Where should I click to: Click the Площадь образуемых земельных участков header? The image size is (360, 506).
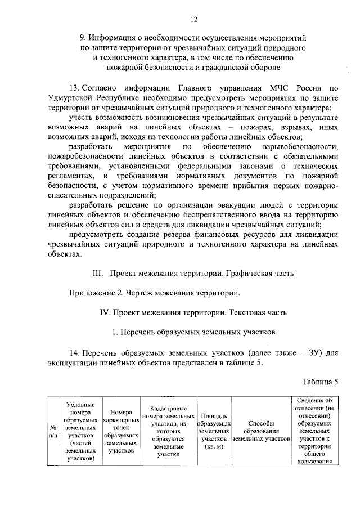pos(214,431)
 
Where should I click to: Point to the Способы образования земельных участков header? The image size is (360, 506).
pos(261,431)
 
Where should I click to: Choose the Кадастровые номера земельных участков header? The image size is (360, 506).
pos(168,431)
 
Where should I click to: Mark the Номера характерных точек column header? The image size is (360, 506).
pos(121,431)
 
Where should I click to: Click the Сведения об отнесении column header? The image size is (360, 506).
pos(313,431)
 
